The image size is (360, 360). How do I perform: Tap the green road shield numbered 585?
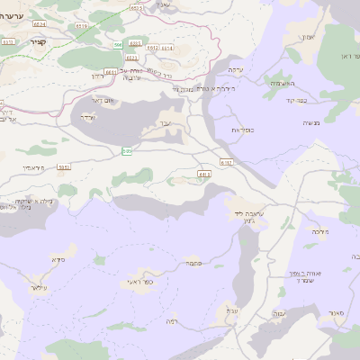[x=127, y=151]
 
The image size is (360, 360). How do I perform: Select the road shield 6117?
[x=226, y=162]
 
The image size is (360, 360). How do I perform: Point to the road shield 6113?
[x=204, y=175]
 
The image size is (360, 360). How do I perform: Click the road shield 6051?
[x=64, y=166]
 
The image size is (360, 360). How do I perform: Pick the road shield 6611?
[x=110, y=71]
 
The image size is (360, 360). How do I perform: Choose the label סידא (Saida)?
[x=58, y=260]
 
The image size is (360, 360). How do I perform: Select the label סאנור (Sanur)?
[x=337, y=312]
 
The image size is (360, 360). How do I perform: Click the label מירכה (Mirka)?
[x=320, y=232]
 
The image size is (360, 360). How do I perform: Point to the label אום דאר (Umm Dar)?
[x=104, y=102]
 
